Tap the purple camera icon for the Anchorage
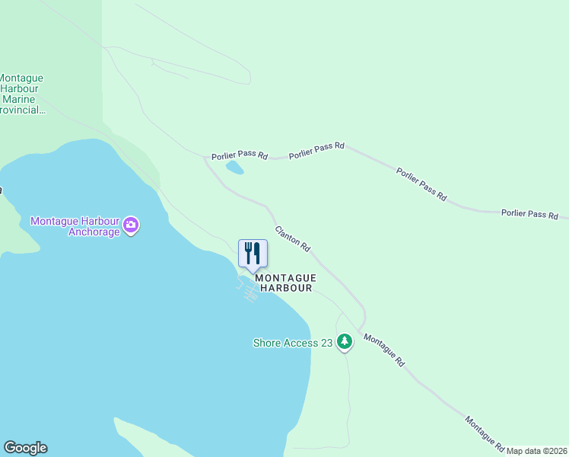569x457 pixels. click(x=131, y=225)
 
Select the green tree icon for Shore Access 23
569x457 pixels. click(x=345, y=342)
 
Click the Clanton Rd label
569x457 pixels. click(x=293, y=239)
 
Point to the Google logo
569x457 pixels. click(x=25, y=448)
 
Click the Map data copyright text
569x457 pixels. click(x=537, y=451)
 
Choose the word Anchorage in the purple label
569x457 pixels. click(x=94, y=232)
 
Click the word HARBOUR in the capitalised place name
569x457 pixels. click(x=286, y=289)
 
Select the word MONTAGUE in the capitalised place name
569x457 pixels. click(x=285, y=279)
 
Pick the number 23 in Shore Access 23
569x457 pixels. click(x=326, y=344)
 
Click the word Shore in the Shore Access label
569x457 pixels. click(x=267, y=344)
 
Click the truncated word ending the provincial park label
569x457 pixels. click(x=23, y=110)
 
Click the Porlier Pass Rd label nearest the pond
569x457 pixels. click(x=241, y=155)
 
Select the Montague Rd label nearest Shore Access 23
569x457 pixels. click(x=383, y=351)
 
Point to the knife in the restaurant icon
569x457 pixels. click(x=257, y=253)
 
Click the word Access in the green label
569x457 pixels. click(x=300, y=344)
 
